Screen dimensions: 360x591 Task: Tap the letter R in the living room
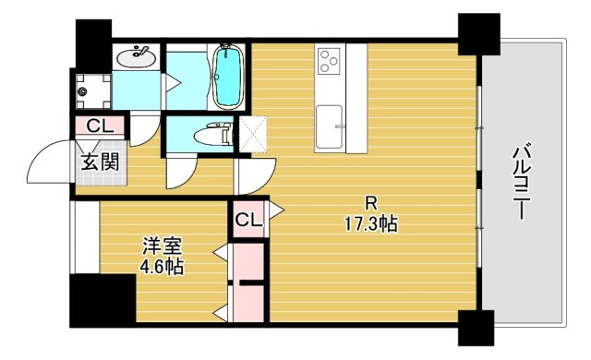click(370, 203)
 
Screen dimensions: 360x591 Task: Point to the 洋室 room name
click(162, 247)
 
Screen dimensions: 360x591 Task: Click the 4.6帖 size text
click(162, 268)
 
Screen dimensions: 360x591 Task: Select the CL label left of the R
click(247, 220)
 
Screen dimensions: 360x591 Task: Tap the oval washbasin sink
click(137, 55)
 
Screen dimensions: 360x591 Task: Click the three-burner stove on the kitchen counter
click(329, 63)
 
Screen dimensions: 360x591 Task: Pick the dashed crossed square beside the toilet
click(252, 131)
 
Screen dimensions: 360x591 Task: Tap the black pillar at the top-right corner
click(478, 34)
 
